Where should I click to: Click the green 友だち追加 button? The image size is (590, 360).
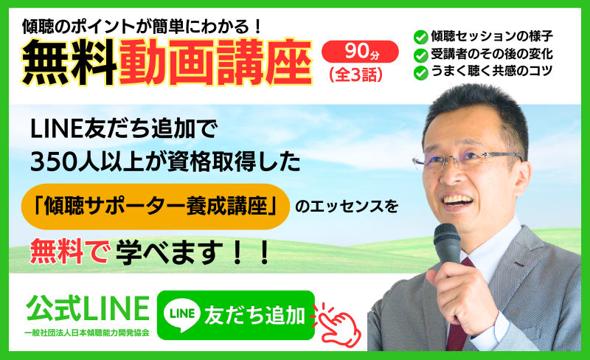(235, 315)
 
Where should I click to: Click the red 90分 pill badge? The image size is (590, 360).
(360, 52)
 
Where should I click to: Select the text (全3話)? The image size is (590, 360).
(355, 75)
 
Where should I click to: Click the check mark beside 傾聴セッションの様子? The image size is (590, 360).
(420, 38)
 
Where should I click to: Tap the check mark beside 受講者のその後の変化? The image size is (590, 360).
(420, 55)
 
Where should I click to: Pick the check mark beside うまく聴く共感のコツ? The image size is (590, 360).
(420, 73)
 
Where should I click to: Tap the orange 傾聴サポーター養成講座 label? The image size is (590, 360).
(156, 207)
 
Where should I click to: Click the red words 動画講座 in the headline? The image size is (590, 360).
(215, 61)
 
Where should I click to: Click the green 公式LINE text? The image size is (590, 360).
(88, 308)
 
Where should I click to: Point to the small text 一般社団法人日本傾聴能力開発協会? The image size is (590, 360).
(87, 333)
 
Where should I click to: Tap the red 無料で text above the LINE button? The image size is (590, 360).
(70, 251)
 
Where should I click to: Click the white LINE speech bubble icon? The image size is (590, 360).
(182, 314)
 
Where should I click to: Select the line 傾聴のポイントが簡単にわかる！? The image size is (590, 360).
(142, 27)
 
